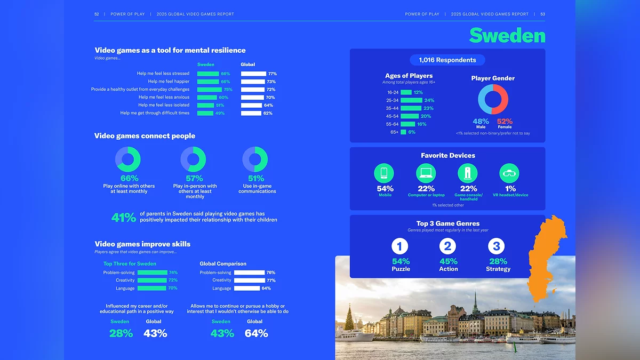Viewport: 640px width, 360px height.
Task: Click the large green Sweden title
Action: point(507,36)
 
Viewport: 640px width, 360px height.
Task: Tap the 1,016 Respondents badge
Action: point(447,60)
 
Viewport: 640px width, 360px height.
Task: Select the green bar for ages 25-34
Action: point(411,100)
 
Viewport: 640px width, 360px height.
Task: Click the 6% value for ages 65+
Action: point(412,132)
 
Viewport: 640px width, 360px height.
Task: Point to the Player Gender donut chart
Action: point(493,100)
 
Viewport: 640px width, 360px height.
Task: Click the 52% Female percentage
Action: point(505,122)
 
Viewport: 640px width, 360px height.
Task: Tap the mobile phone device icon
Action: point(384,173)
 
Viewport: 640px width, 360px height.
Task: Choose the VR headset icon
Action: point(509,173)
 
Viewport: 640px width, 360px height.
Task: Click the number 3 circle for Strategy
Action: point(497,246)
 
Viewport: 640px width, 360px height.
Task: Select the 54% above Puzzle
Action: point(401,261)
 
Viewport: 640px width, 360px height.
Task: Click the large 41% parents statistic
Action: point(124,218)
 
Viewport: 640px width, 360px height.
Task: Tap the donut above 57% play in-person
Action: point(193,159)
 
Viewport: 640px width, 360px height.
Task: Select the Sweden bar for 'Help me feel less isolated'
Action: point(205,105)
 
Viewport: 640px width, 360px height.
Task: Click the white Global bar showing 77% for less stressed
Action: point(253,74)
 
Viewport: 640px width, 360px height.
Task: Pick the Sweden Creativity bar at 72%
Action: point(152,280)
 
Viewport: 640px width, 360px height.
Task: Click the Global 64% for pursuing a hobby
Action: point(256,333)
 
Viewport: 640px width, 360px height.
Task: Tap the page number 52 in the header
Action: point(97,14)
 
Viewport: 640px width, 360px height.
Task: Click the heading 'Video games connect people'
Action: point(145,136)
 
